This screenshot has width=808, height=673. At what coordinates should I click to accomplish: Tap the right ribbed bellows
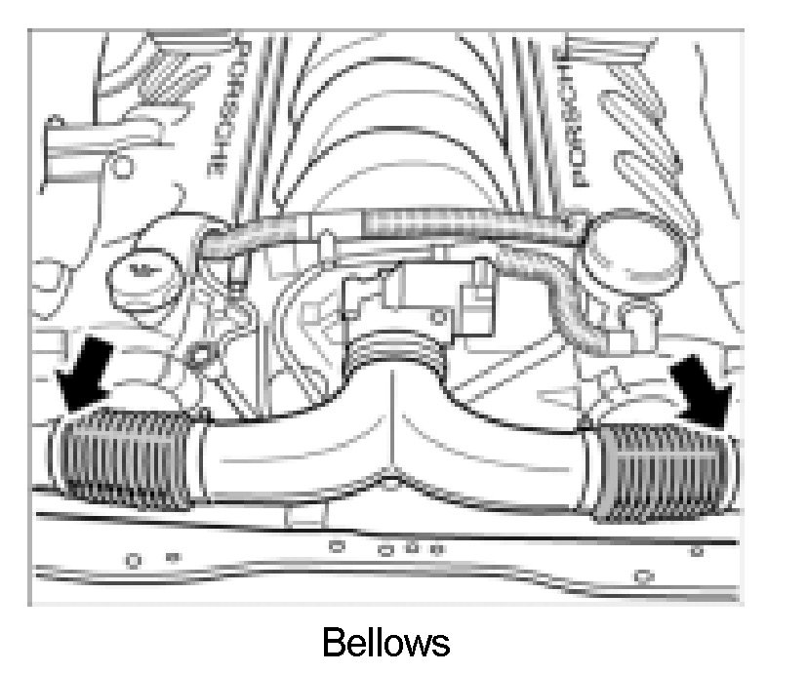coord(664,472)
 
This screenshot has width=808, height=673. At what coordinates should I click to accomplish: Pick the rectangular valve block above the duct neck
coord(410,293)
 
